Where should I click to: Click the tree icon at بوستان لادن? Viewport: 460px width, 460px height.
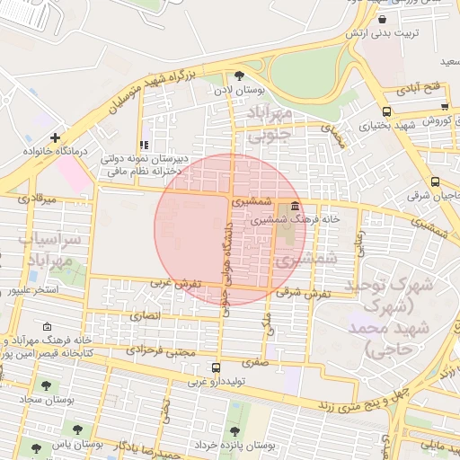coord(238,75)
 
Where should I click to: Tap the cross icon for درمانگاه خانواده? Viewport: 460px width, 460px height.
coord(56,137)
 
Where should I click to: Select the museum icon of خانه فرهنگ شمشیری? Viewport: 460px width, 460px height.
coord(296,206)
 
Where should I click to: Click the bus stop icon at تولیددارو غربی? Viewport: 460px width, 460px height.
coord(216,367)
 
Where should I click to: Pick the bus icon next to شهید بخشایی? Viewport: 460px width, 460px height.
coord(386,112)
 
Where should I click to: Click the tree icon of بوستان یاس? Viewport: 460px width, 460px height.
coord(37,447)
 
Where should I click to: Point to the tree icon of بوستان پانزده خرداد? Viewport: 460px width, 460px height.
coord(234,431)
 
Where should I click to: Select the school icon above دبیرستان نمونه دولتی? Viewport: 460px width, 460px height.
coord(143,145)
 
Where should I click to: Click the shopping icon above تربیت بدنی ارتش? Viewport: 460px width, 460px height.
coord(383,19)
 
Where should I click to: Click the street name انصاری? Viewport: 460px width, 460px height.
coord(144,316)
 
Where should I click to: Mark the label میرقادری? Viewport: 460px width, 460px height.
coord(37,198)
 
